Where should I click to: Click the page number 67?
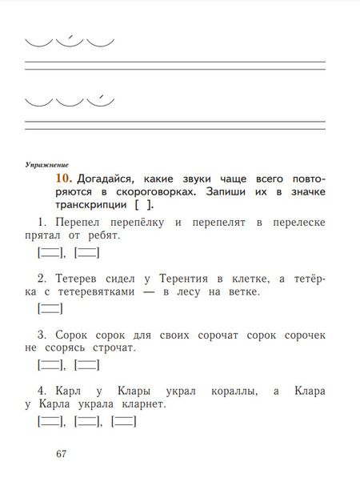point(62,455)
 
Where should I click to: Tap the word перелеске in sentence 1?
point(300,221)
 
